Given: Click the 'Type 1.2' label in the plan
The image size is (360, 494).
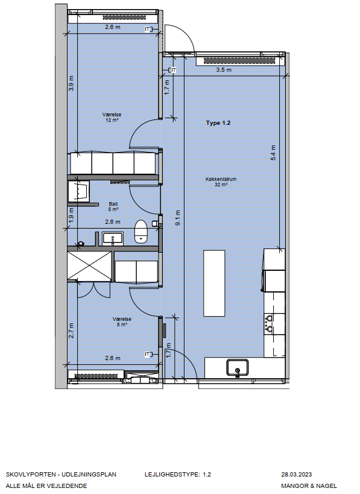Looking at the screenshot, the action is pyautogui.click(x=218, y=123).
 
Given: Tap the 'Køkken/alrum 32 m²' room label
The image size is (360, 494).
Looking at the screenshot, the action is pyautogui.click(x=221, y=182).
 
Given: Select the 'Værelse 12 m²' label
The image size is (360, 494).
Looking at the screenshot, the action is pyautogui.click(x=112, y=117).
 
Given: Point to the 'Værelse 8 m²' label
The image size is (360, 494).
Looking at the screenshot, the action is pyautogui.click(x=122, y=321).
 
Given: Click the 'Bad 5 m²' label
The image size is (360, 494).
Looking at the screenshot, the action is pyautogui.click(x=113, y=207).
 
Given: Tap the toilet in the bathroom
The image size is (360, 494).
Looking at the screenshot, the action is pyautogui.click(x=141, y=231).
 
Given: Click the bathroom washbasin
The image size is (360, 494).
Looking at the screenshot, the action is pyautogui.click(x=113, y=238).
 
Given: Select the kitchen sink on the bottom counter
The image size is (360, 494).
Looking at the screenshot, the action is pyautogui.click(x=237, y=368).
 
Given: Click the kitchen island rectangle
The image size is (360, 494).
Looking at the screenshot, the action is pyautogui.click(x=214, y=283).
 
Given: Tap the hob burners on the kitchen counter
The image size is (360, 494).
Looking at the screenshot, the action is pyautogui.click(x=270, y=323).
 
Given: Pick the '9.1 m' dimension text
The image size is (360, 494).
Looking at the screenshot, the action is pyautogui.click(x=178, y=218).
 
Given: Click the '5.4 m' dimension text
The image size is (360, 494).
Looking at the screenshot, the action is pyautogui.click(x=273, y=153).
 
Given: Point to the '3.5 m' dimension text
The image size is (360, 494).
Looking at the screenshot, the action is pyautogui.click(x=224, y=69).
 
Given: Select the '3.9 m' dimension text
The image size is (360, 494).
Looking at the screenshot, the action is pyautogui.click(x=72, y=83).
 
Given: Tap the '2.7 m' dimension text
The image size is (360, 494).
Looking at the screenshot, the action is pyautogui.click(x=72, y=331).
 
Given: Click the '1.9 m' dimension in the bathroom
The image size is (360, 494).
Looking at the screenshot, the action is pyautogui.click(x=71, y=215).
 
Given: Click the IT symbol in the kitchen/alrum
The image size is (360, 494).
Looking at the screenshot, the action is pyautogui.click(x=172, y=70).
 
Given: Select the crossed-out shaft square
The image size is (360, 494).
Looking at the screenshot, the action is pyautogui.click(x=90, y=265).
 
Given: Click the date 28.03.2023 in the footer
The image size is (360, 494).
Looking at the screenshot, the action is pyautogui.click(x=296, y=475).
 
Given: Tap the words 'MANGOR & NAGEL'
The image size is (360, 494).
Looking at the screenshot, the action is pyautogui.click(x=309, y=486).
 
